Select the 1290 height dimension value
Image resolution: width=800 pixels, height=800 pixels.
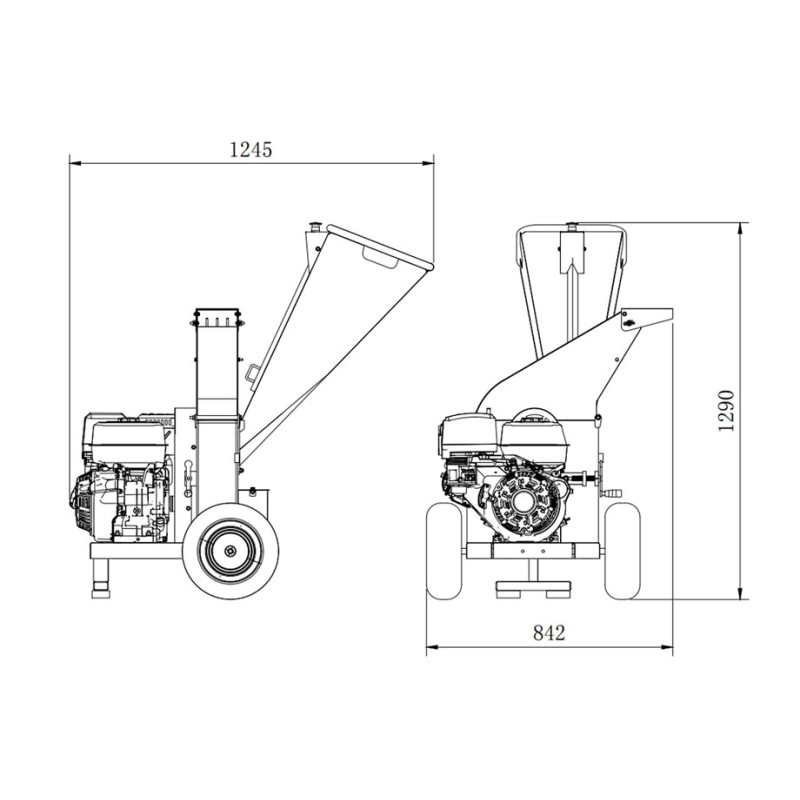(727, 410)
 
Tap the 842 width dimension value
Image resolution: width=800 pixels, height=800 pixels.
(549, 632)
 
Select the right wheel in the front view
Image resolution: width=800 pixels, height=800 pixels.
(622, 551)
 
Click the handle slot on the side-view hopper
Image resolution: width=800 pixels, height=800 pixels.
(379, 259)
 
